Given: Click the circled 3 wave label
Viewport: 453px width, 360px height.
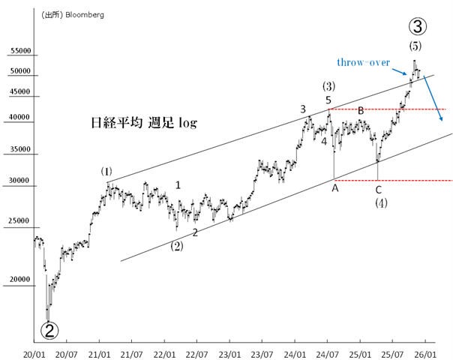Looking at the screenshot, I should (x=418, y=26).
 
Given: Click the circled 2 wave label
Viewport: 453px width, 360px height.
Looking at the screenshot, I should (x=49, y=328).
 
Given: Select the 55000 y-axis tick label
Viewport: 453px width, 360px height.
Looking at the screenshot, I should (x=21, y=52).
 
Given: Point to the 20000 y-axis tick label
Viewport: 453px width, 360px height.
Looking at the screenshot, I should (x=21, y=280).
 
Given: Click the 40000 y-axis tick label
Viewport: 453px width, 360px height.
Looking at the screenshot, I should (x=21, y=117).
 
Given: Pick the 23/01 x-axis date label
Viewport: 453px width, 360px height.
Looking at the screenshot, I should (x=229, y=352).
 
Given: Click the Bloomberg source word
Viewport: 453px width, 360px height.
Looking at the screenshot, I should (x=85, y=14).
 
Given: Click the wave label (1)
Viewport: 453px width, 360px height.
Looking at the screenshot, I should (x=107, y=172).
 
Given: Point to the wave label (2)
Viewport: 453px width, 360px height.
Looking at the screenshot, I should (x=177, y=244).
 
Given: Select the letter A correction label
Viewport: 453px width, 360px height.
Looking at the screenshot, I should (x=335, y=188).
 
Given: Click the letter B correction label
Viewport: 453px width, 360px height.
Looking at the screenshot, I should (x=361, y=111).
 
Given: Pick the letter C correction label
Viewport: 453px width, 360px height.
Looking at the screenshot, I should (x=379, y=189).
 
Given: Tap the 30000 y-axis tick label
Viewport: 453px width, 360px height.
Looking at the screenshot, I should (x=21, y=181).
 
